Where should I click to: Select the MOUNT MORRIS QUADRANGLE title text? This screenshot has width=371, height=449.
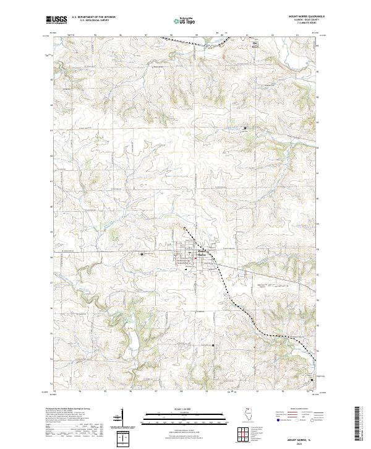tap(306, 14)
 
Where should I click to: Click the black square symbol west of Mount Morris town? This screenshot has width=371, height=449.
tap(142, 254)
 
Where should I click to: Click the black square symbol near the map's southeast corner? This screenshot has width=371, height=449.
tap(312, 379)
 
